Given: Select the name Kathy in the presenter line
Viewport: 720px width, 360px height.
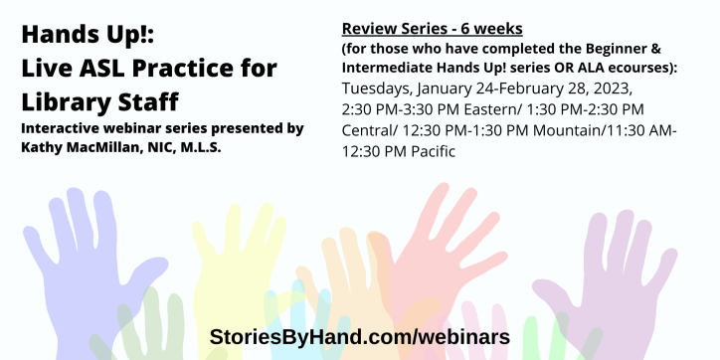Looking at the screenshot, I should pyautogui.click(x=42, y=146).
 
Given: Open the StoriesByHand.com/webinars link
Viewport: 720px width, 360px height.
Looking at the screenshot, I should pyautogui.click(x=359, y=336).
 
